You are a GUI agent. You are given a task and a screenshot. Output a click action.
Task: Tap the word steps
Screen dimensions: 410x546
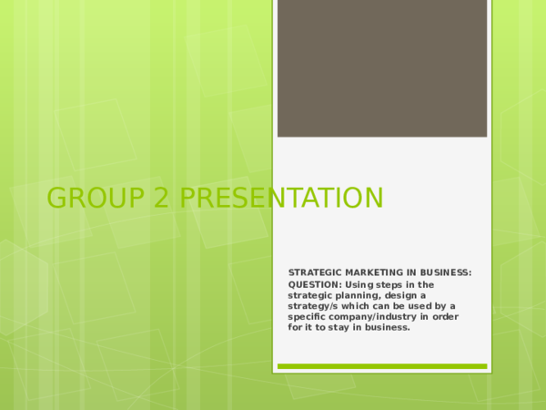393,285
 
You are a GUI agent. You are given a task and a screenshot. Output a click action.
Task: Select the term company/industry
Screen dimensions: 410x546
373,317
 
